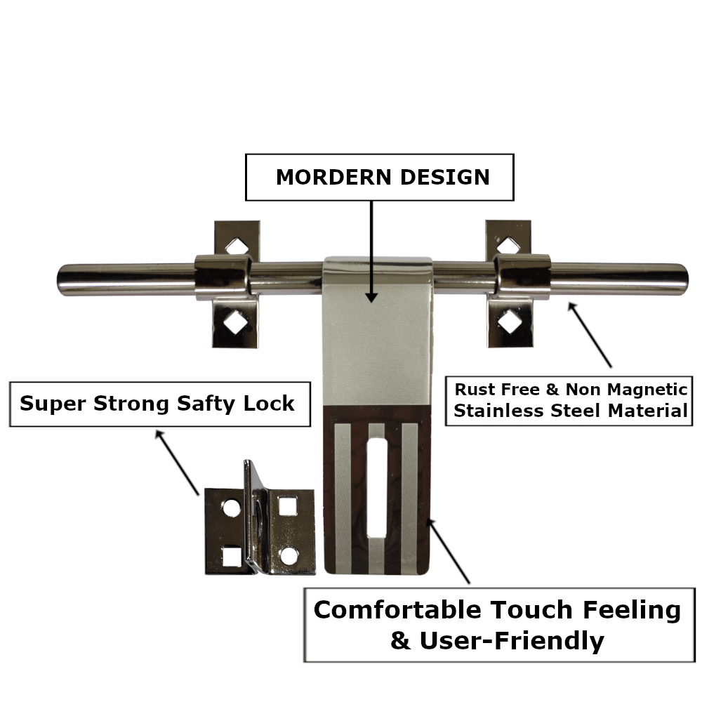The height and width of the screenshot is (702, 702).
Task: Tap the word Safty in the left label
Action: click(216, 404)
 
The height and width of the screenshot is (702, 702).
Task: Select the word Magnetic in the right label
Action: click(644, 390)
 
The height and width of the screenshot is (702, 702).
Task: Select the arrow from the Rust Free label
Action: click(590, 335)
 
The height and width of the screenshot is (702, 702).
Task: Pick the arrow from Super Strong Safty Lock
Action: click(177, 463)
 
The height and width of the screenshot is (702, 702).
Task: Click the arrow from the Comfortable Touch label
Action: click(449, 551)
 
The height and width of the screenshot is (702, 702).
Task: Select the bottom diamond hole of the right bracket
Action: click(508, 324)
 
